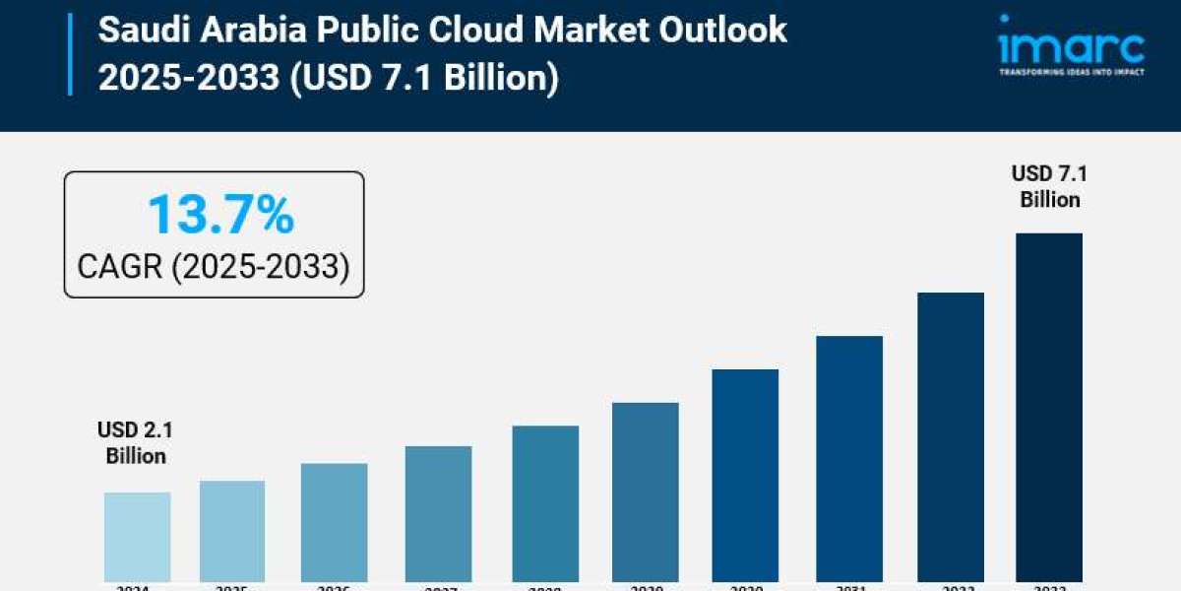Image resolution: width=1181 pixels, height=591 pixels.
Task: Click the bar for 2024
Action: (x=137, y=537)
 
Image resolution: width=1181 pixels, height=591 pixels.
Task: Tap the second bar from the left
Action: (x=232, y=531)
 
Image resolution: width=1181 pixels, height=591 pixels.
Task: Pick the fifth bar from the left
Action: (x=545, y=503)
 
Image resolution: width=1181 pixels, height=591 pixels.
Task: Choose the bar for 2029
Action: (x=645, y=492)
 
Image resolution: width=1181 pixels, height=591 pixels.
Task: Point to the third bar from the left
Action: (x=335, y=522)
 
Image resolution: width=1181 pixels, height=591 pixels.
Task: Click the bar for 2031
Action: (x=849, y=458)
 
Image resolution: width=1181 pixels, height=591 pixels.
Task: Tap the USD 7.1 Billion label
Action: (x=1049, y=187)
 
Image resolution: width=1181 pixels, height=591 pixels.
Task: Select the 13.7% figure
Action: (x=220, y=215)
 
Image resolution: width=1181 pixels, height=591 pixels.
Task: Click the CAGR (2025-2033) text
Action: (x=214, y=266)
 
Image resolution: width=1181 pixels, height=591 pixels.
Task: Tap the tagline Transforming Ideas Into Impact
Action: (x=1070, y=72)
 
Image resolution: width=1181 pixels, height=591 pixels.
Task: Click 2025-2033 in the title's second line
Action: (x=188, y=77)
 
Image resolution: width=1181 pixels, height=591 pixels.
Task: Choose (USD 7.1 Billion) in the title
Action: (x=423, y=77)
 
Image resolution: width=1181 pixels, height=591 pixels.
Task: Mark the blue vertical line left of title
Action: (x=70, y=54)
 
